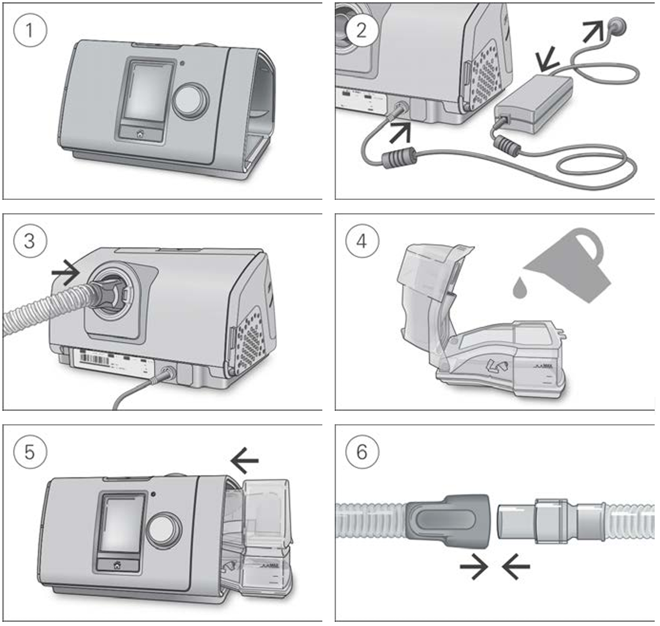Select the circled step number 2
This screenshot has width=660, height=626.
(x=360, y=31)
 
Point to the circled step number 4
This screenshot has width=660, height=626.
(x=360, y=242)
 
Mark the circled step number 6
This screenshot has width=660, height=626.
(x=360, y=453)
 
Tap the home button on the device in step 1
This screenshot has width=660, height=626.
(x=140, y=134)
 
